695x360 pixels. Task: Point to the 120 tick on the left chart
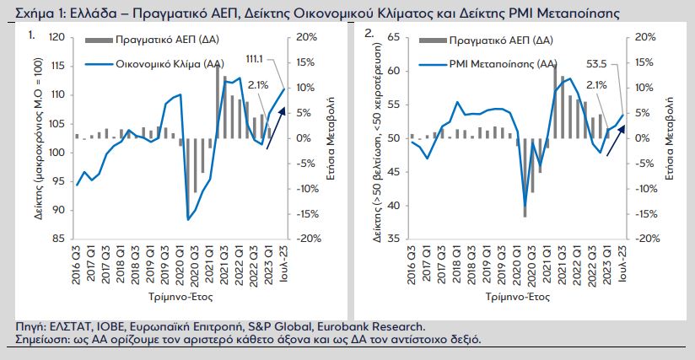[x=57, y=38]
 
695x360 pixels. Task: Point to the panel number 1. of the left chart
[x=32, y=35]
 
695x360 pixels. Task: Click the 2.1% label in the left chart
[x=259, y=84]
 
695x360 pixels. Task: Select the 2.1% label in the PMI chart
[x=595, y=84]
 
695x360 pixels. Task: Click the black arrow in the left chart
[x=274, y=127]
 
